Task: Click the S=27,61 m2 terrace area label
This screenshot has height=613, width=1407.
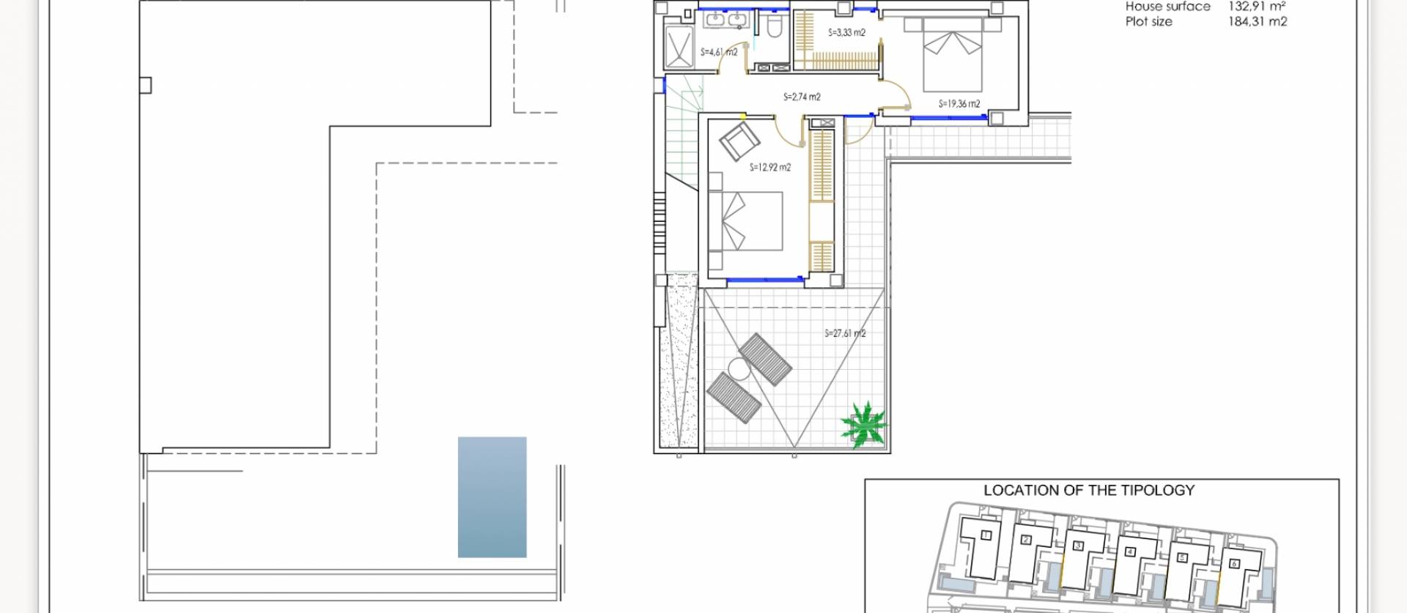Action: coord(845,333)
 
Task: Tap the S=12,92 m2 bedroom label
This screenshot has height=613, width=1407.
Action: coord(769,168)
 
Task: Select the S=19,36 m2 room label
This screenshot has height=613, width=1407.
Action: coord(959,104)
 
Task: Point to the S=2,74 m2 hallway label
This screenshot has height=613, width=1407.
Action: coord(802,97)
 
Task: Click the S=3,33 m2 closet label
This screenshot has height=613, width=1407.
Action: coord(846,33)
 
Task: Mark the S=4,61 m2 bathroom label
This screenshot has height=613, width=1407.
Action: coord(718,53)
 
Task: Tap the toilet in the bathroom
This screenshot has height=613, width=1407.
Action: coord(773,26)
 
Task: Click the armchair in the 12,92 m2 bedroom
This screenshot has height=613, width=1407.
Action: coord(739,141)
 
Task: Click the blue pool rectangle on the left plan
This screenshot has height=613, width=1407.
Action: coord(492,497)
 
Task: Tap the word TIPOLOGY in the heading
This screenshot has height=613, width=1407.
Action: coord(1158,491)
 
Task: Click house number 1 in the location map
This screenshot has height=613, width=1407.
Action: coord(986,535)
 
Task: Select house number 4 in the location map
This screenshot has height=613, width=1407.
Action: coord(1130,551)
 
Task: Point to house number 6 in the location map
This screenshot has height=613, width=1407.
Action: coord(1233,563)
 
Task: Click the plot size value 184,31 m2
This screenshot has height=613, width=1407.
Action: coord(1258,22)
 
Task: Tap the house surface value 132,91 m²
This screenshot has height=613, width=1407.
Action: coord(1257,7)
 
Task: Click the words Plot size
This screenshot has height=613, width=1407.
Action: coord(1148,22)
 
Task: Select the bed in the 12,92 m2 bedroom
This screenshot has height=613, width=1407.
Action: coord(746,222)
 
